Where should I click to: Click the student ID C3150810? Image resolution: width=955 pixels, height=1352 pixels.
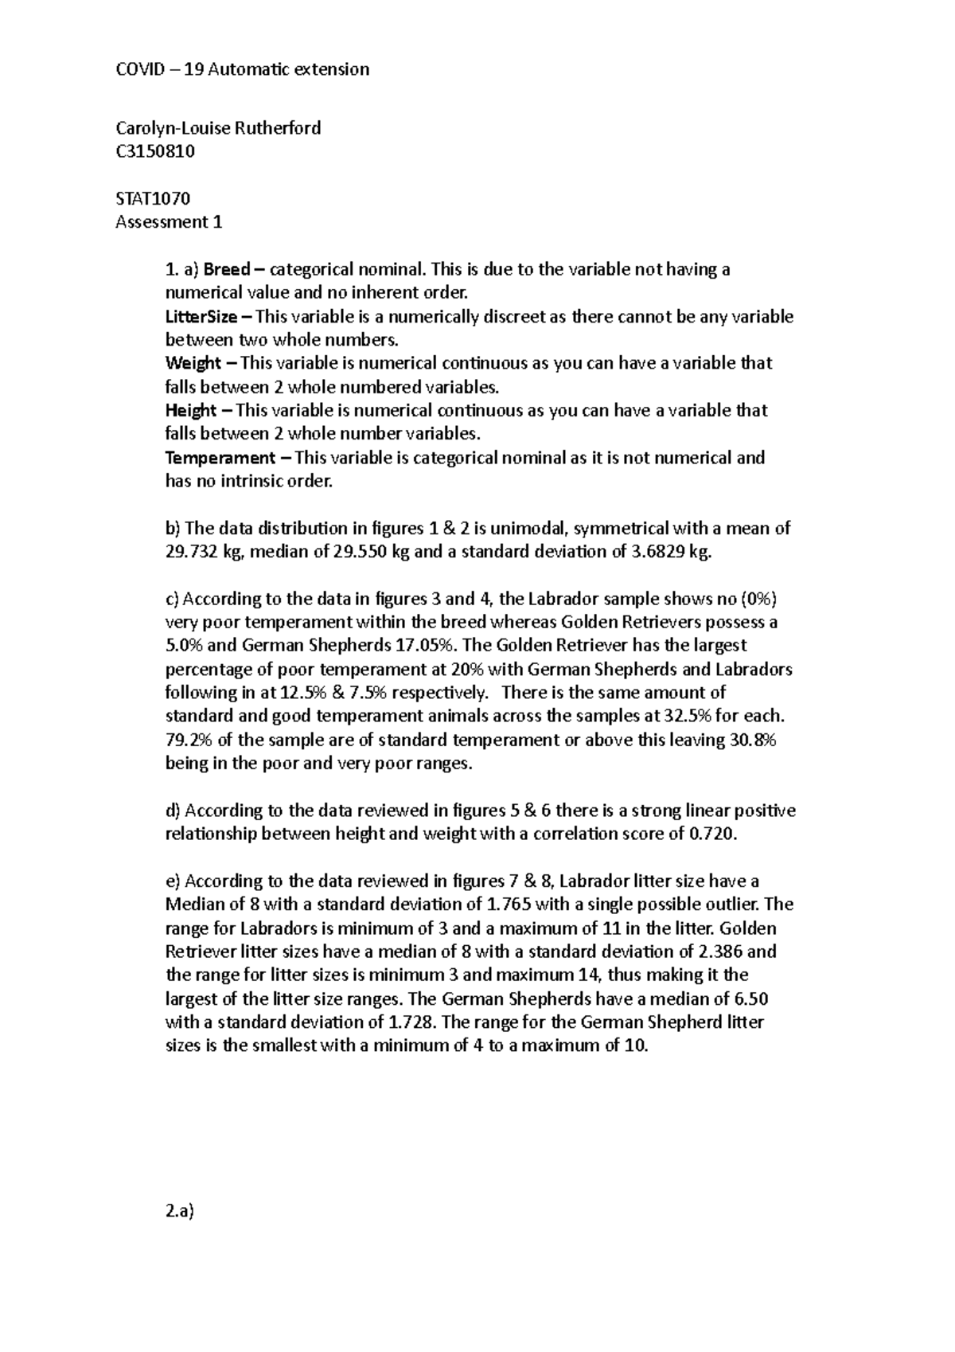click(x=155, y=151)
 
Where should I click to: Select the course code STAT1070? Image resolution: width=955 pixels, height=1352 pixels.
click(x=153, y=198)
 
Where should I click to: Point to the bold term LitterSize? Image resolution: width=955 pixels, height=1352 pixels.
click(x=201, y=317)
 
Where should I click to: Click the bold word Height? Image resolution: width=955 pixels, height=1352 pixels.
click(x=191, y=411)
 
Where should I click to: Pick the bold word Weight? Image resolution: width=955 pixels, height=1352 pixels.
click(x=193, y=364)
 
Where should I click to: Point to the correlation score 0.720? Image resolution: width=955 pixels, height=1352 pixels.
click(x=711, y=834)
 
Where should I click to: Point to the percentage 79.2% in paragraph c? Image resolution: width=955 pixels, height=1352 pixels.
click(x=189, y=740)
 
